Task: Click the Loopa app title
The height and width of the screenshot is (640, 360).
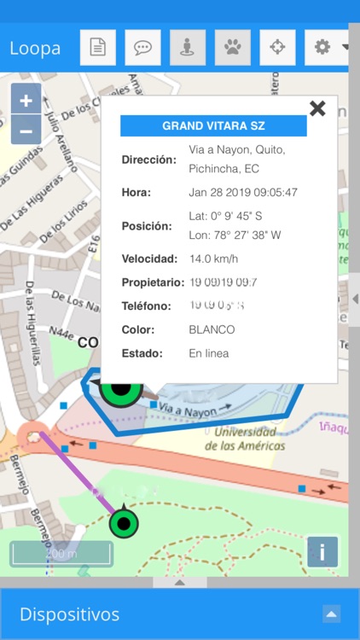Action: tap(35, 48)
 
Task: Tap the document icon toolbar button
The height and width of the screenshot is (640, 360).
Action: tap(98, 48)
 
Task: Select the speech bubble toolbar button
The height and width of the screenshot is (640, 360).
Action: tap(142, 48)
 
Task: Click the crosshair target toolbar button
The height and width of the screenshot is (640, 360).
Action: tap(277, 48)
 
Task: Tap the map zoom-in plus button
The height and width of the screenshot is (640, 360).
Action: tap(26, 100)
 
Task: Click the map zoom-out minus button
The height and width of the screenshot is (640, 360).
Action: tap(26, 131)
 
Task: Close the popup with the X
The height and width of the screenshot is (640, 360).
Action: tap(317, 108)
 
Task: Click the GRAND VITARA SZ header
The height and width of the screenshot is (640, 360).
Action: tap(213, 125)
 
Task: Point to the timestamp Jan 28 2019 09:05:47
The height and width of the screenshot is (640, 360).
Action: tap(243, 192)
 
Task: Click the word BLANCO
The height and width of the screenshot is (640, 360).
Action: tap(212, 329)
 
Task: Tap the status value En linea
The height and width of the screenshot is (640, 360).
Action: tap(209, 353)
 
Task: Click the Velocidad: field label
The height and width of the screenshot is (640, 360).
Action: tap(149, 259)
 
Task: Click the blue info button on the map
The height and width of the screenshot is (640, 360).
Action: tap(322, 552)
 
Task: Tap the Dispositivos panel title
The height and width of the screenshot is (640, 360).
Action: tap(69, 614)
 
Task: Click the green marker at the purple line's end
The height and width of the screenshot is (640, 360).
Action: tap(125, 522)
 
